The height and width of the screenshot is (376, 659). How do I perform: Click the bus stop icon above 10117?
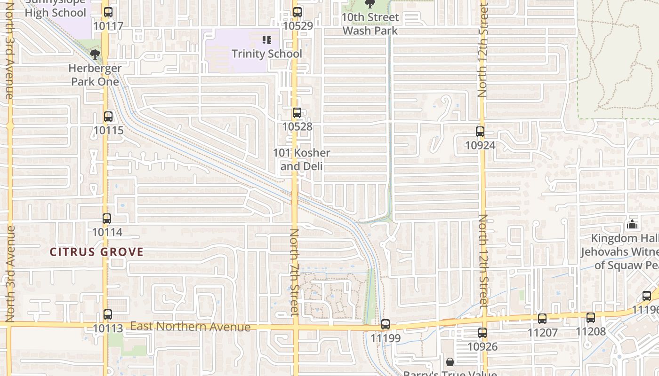108,12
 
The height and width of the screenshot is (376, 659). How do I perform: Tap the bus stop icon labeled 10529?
297,12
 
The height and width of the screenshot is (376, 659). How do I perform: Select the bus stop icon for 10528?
297,113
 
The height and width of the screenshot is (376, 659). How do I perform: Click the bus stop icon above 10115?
108,116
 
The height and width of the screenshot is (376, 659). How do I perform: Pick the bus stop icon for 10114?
107,218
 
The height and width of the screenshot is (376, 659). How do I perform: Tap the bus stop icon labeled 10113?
108,314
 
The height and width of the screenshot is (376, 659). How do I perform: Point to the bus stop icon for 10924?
480,132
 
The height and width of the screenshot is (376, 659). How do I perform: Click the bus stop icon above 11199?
386,324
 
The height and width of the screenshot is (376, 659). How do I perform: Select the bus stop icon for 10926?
482,333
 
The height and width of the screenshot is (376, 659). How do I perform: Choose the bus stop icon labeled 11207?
542,319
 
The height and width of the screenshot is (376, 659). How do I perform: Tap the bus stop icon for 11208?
591,317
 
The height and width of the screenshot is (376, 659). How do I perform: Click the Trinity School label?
266,54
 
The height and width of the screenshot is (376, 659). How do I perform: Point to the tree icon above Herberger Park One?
95,54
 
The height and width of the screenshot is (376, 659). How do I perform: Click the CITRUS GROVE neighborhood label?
96,252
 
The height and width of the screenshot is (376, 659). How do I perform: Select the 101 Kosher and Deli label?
301,159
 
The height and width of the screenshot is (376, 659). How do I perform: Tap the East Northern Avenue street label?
190,326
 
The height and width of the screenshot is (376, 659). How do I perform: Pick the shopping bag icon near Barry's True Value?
450,362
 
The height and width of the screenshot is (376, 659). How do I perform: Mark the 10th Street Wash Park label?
370,24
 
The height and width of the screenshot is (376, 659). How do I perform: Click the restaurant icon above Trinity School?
267,40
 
